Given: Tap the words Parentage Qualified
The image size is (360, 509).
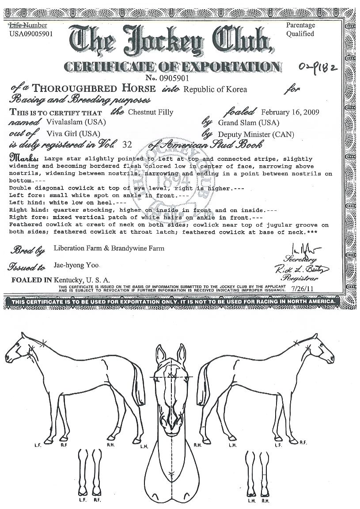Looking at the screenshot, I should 300,30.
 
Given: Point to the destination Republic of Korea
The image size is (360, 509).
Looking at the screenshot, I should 215,90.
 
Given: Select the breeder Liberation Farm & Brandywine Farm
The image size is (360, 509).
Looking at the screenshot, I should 109,248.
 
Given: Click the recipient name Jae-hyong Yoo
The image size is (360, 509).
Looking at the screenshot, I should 76,265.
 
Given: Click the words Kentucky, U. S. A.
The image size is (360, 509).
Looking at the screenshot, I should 82,280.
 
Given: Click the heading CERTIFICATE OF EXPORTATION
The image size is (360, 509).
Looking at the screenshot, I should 173,67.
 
